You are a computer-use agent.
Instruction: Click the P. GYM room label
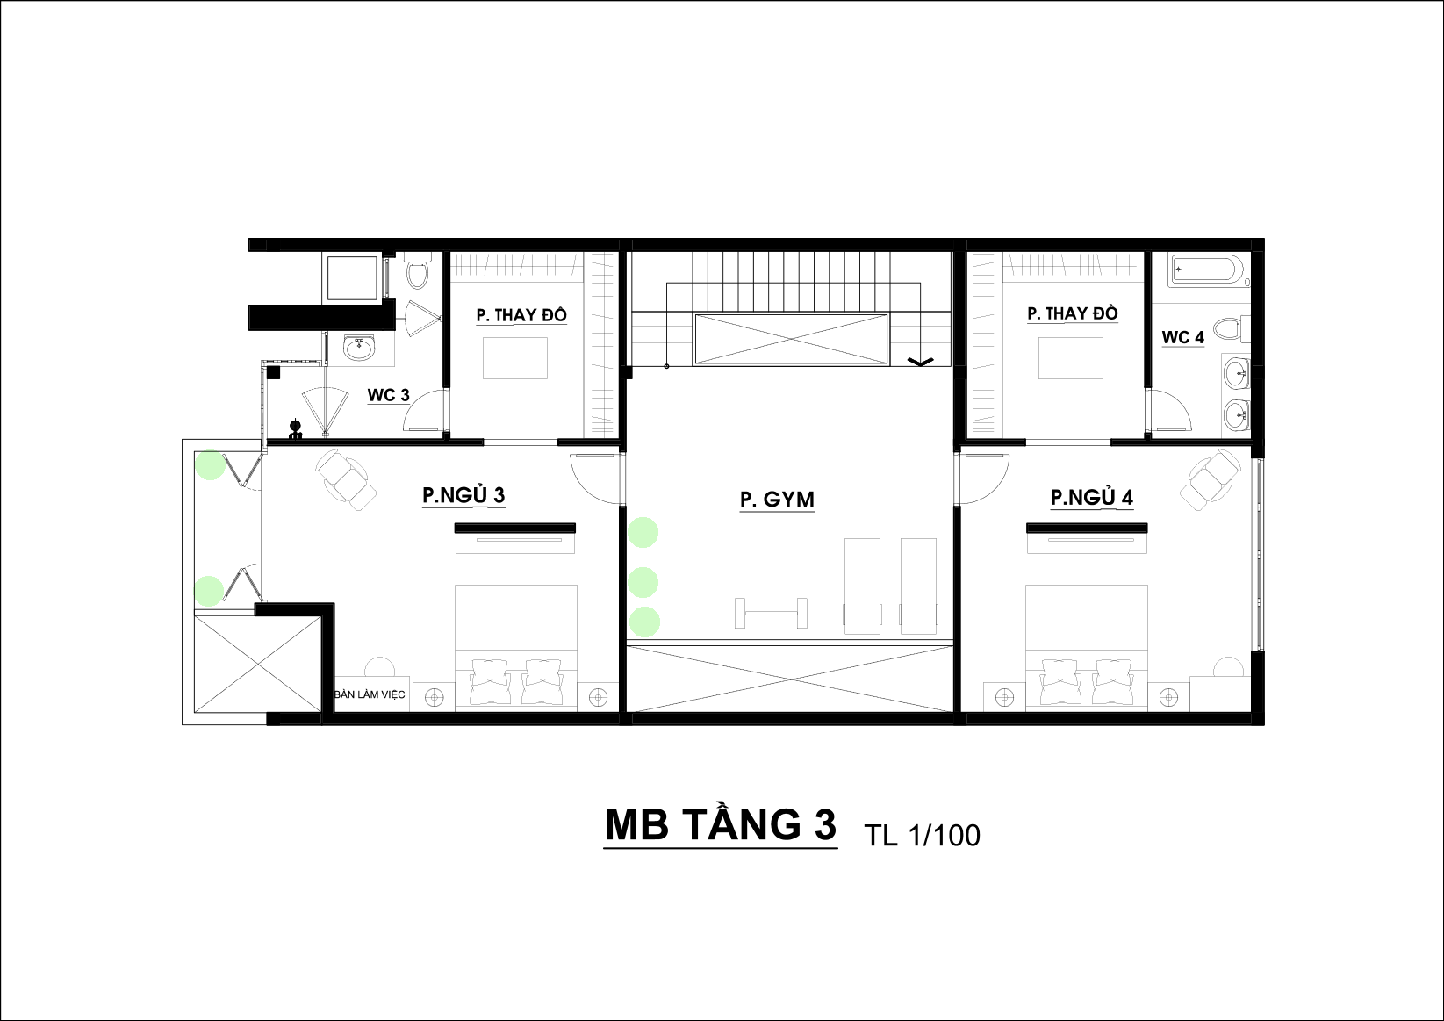tap(777, 500)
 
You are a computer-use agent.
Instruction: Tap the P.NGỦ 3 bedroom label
tap(463, 495)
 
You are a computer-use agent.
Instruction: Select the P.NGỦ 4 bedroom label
tap(1092, 497)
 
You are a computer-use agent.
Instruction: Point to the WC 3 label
tap(388, 395)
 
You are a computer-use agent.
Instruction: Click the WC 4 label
tap(1183, 337)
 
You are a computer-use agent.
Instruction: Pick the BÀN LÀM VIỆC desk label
tap(370, 694)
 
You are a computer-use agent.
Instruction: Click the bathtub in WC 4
tap(1207, 270)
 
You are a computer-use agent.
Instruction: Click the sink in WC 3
tap(358, 349)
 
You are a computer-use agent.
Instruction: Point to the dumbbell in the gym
tap(771, 613)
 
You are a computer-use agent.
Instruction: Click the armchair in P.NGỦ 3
tap(346, 480)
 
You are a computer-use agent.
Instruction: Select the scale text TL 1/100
tap(922, 835)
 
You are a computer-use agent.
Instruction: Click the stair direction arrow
tap(921, 362)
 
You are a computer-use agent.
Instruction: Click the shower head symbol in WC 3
tap(295, 428)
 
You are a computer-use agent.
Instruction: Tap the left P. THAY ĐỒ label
tap(521, 315)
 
